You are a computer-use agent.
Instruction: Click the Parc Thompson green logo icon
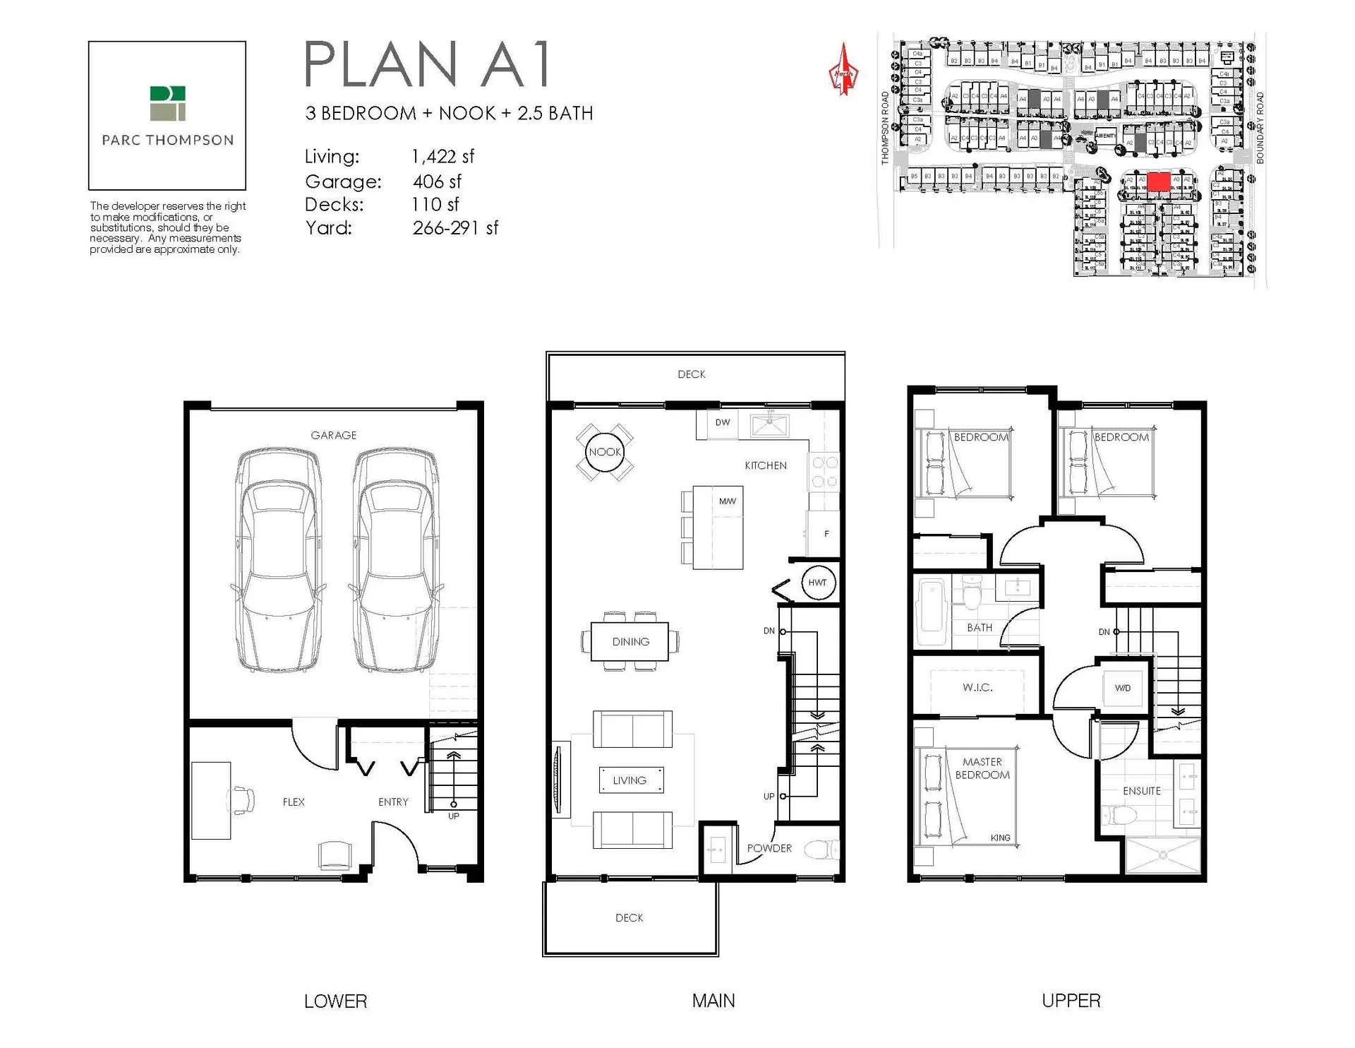pos(167,103)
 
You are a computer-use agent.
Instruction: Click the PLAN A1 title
pos(427,65)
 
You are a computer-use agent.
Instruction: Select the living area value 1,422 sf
pos(442,156)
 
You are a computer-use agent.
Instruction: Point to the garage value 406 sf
pos(437,181)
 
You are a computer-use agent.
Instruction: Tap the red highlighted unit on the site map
pos(1158,181)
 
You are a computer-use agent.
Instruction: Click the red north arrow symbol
pos(843,71)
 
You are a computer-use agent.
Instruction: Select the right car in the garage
pos(395,559)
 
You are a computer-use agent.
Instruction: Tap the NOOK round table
pos(605,452)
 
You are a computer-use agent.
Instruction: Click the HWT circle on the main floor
pos(817,583)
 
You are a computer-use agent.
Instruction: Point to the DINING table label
pos(630,642)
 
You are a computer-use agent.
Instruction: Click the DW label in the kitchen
pos(723,422)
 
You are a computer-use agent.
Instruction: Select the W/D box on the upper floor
pos(1122,688)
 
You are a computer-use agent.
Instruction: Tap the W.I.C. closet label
pos(977,687)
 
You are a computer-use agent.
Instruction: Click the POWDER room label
pos(769,848)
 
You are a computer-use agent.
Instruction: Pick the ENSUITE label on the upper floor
pos(1141,791)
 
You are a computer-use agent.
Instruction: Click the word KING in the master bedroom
pos(1000,838)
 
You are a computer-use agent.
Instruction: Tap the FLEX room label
pos(294,802)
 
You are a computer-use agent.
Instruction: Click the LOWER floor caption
pos(335,1001)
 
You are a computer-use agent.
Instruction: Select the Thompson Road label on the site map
pos(885,128)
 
